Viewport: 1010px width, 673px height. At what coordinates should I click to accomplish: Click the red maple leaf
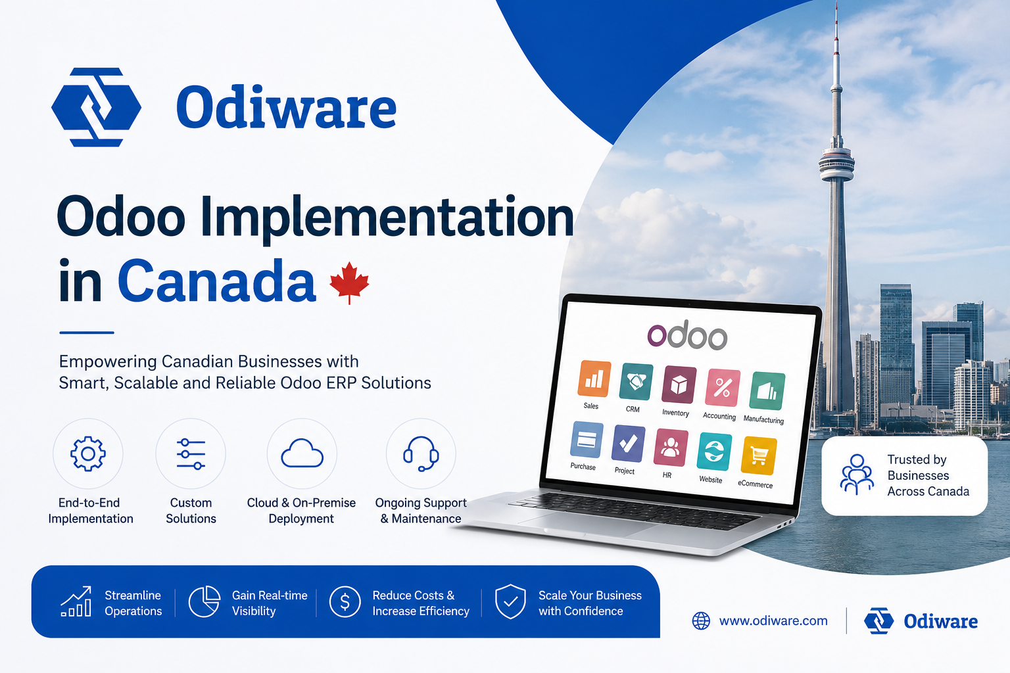coord(349,282)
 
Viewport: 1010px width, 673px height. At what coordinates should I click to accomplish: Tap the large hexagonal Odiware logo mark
coord(96,107)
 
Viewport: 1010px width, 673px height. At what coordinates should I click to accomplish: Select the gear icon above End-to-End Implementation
coord(88,454)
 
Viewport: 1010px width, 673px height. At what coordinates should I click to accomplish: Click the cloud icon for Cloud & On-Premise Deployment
coord(302,453)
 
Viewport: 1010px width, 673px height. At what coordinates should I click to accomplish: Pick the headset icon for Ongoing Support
coord(421,453)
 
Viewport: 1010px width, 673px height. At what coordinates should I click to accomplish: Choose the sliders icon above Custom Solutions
coord(191,454)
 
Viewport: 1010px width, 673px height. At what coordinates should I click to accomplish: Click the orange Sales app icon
coord(594,379)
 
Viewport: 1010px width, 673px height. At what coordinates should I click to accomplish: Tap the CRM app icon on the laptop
coord(636,382)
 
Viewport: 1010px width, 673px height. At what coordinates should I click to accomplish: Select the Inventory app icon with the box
coord(679,384)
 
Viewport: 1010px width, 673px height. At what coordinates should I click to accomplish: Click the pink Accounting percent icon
coord(723,388)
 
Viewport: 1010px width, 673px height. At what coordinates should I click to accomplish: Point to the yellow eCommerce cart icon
coord(759,455)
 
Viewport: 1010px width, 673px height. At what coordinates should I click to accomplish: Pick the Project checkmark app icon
coord(628,444)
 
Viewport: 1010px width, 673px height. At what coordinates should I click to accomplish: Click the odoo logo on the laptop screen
coord(687,335)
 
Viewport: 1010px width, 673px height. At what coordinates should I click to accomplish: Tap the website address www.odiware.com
coord(773,620)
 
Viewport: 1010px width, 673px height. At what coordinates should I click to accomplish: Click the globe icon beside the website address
coord(701,620)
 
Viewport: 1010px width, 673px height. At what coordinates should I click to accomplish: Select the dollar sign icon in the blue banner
coord(345,602)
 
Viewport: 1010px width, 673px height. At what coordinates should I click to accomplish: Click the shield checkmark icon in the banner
coord(510,602)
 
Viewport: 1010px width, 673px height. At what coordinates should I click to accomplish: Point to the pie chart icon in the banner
coord(204,602)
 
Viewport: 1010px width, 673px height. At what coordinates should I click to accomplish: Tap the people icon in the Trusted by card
coord(857,475)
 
